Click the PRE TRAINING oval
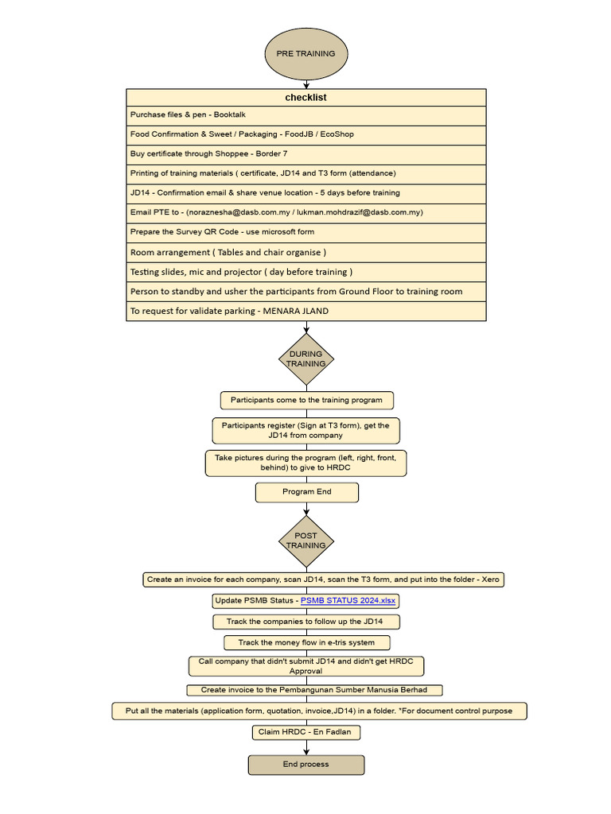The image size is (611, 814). coord(305,53)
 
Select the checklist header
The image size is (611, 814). coord(305,98)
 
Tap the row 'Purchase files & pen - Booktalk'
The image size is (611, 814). coord(305,115)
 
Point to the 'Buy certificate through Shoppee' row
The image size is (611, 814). coord(305,154)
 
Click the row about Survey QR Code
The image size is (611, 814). coord(305,232)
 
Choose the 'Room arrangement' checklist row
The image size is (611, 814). coord(305,253)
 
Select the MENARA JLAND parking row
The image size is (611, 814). coord(305,311)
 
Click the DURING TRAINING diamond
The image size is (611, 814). coord(305,359)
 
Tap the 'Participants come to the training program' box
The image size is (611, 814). coord(306,400)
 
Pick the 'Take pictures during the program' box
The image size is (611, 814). coord(306,463)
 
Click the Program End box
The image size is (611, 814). coord(306,492)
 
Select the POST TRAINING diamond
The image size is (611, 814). coord(305,541)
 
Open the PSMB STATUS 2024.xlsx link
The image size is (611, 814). coord(348,600)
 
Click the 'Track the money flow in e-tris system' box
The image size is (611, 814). coord(306,642)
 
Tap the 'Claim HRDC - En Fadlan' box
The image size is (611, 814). coord(306,732)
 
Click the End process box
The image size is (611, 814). coord(305,765)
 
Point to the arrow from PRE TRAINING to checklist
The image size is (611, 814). coord(305,83)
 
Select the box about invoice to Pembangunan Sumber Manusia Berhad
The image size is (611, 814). coord(314,690)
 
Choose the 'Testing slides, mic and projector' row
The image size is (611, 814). coord(305,272)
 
